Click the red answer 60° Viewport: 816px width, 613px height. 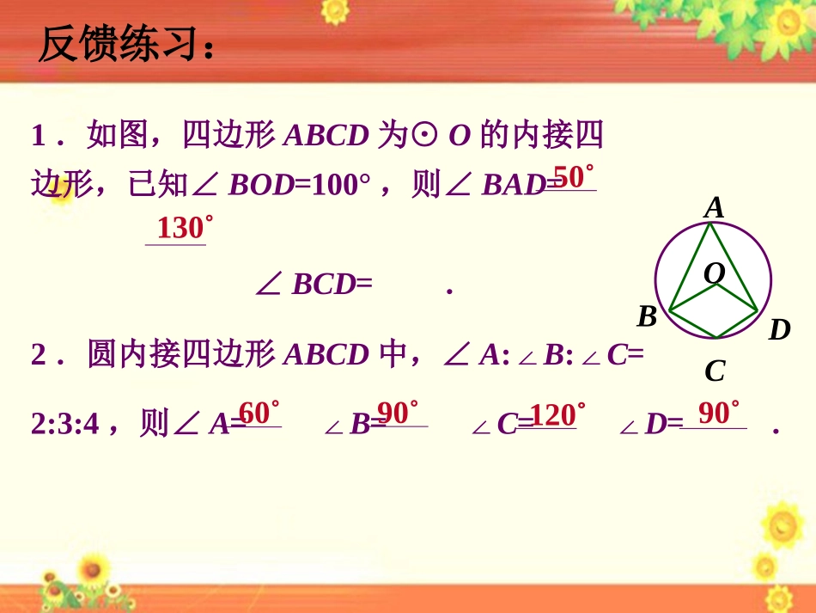click(x=259, y=414)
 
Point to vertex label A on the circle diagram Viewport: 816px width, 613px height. click(x=714, y=208)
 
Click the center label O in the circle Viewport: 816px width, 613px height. click(x=715, y=273)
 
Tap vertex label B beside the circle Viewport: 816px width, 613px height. click(x=647, y=317)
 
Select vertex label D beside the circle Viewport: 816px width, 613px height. click(x=779, y=329)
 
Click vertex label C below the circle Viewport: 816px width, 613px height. click(x=715, y=371)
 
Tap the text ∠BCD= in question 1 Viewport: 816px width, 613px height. click(x=314, y=285)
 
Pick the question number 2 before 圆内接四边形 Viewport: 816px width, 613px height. click(x=39, y=355)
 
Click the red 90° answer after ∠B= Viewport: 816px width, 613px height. click(x=398, y=414)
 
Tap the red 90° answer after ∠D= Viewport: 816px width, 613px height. click(x=718, y=414)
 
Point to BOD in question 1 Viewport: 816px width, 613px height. click(x=261, y=185)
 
